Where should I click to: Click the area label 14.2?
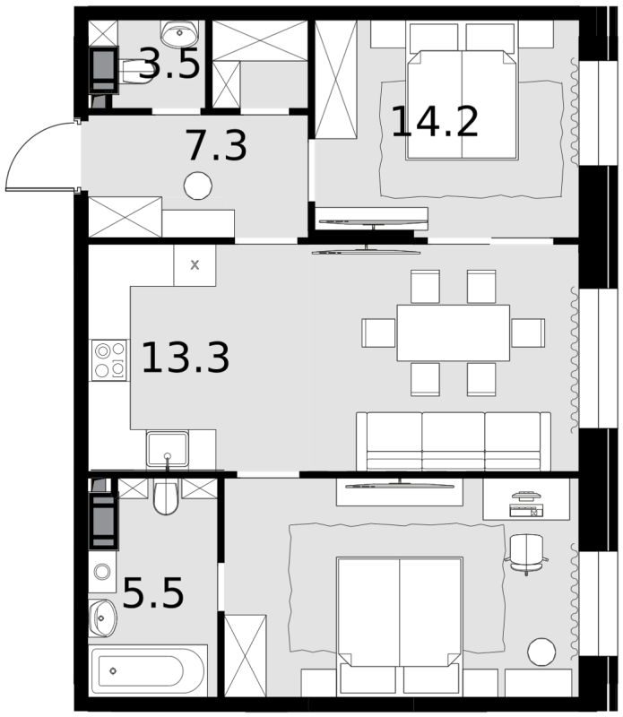(x=435, y=122)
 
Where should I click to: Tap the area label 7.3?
(x=217, y=145)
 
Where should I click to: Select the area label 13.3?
(x=186, y=357)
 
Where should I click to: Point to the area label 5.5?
(x=153, y=592)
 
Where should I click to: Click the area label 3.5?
(x=169, y=63)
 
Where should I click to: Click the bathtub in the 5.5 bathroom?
(x=147, y=670)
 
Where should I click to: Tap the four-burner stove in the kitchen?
(x=109, y=360)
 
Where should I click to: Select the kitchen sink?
(x=168, y=449)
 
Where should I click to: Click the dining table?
(x=454, y=333)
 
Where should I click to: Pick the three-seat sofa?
(x=454, y=441)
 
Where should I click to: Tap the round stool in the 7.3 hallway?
(x=197, y=186)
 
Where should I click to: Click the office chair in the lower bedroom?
(x=526, y=554)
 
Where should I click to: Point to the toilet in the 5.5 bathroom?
(x=166, y=497)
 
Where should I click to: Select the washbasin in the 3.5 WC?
(x=180, y=33)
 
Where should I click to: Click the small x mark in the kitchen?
(x=195, y=264)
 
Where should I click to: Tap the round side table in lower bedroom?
(x=541, y=652)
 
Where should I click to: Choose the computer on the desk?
(x=526, y=504)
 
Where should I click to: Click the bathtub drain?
(x=113, y=670)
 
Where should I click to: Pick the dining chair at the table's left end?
(x=378, y=333)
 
